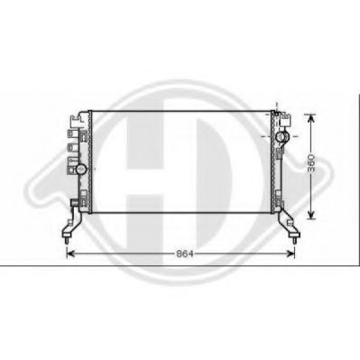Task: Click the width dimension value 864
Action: (x=184, y=254)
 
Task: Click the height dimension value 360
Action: (x=311, y=162)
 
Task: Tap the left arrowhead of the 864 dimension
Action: (x=70, y=254)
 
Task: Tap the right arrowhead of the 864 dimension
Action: (x=291, y=254)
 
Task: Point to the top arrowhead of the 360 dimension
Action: (x=311, y=118)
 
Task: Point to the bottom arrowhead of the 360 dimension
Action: (x=311, y=215)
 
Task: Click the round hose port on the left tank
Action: (x=81, y=169)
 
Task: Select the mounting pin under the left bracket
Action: (x=67, y=241)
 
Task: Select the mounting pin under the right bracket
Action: (x=294, y=241)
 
